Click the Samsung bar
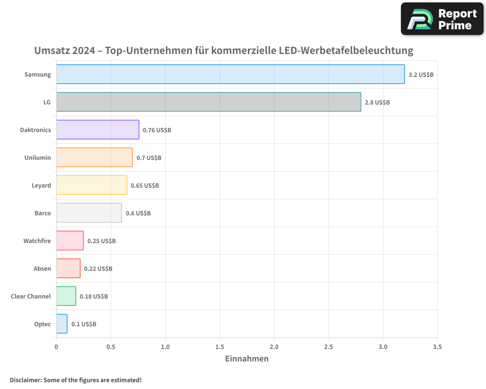(230, 74)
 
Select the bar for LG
(208, 102)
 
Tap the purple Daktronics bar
(98, 130)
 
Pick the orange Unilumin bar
(94, 158)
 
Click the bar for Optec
(62, 324)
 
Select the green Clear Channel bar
(66, 296)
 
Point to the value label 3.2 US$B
(421, 75)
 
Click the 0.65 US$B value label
(145, 186)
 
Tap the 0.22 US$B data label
(98, 269)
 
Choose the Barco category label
(43, 213)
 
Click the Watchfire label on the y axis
(37, 241)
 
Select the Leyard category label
(41, 186)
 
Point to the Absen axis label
(42, 269)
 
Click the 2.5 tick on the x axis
(329, 347)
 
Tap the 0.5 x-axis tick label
(111, 347)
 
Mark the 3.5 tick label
(437, 347)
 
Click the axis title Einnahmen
(246, 359)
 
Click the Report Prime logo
(442, 19)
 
